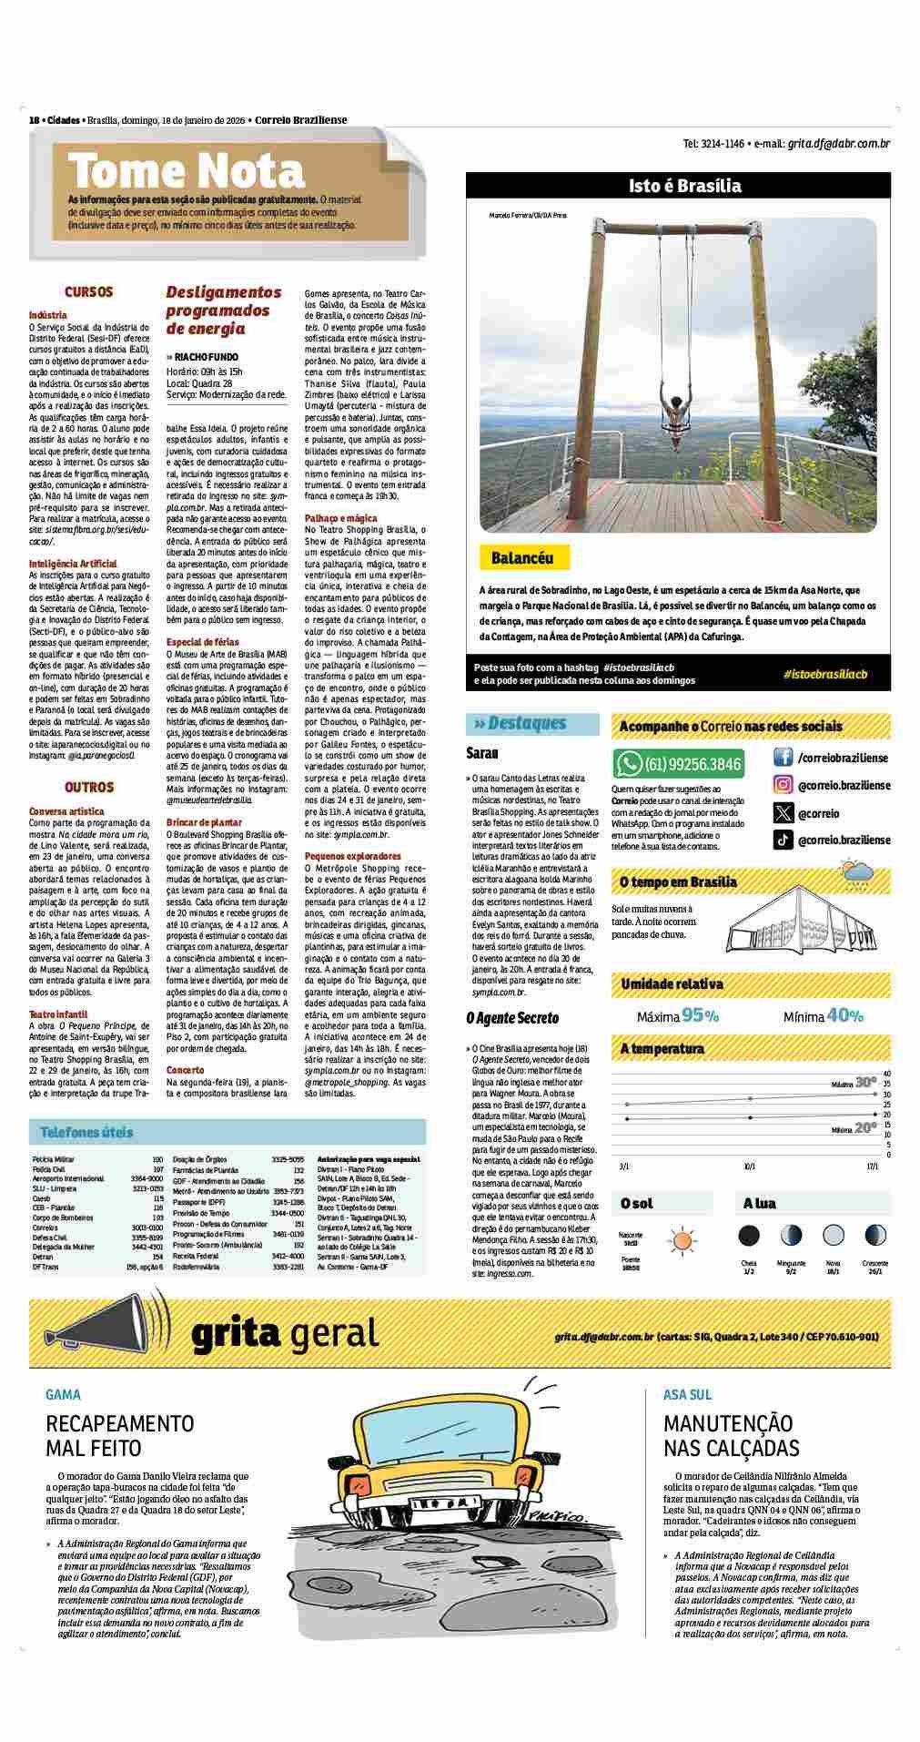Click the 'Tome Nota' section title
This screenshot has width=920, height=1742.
point(187,171)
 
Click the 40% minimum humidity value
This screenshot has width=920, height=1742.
point(845,1016)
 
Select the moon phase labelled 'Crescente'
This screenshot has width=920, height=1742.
point(875,1236)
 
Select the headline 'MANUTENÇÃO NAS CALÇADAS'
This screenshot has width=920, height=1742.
point(731,1436)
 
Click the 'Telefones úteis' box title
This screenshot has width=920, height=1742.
point(86,1132)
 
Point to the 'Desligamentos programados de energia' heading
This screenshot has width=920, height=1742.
point(224,311)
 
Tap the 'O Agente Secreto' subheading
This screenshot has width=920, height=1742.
point(512,1018)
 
